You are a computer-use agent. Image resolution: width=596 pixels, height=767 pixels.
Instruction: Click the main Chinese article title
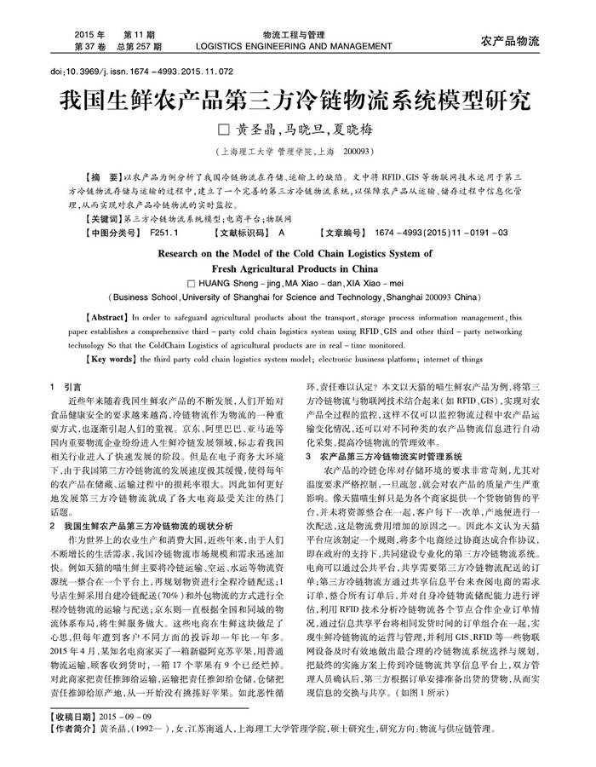pos(298,102)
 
